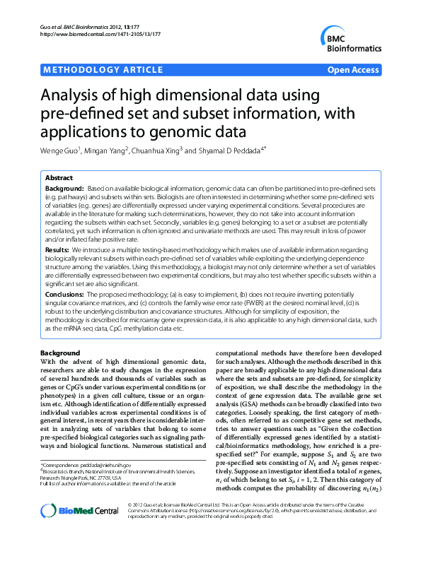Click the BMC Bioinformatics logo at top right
coord(350,40)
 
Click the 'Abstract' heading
coord(59,178)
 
